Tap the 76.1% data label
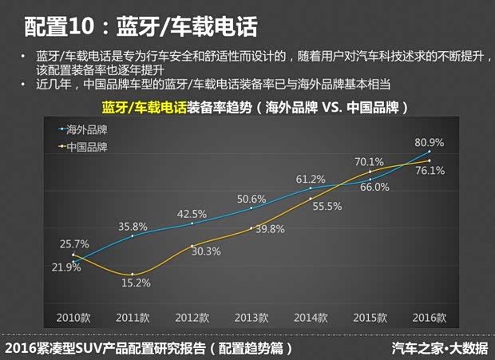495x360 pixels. click(430, 170)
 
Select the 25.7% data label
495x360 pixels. click(73, 243)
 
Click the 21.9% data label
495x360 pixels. click(66, 267)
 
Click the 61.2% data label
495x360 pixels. click(310, 179)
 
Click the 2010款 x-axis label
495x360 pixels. click(73, 317)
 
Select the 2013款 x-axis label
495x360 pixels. click(251, 317)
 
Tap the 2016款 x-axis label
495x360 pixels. click(429, 317)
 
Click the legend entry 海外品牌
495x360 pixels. click(87, 129)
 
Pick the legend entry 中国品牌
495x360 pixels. click(87, 147)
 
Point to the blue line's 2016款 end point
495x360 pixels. click(430, 152)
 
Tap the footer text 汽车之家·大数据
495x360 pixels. click(440, 348)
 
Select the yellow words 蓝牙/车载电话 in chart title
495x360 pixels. click(144, 106)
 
